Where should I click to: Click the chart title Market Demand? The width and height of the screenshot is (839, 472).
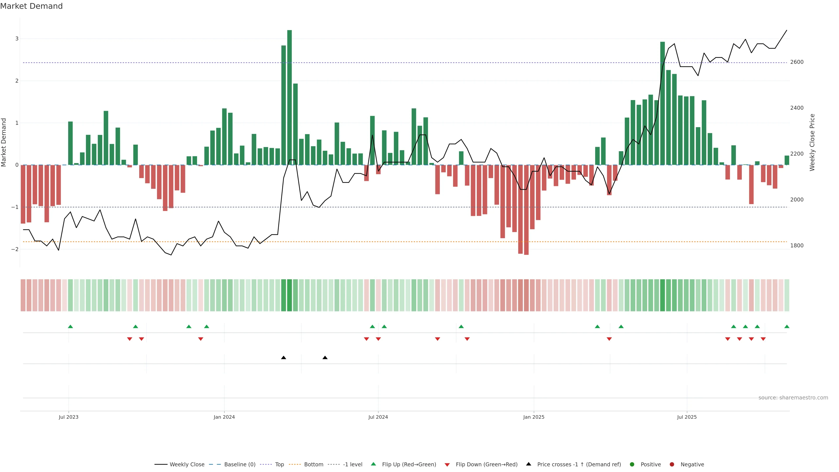point(31,6)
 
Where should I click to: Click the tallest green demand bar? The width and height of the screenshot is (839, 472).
point(289,97)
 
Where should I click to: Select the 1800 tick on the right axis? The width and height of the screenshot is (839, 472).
point(797,246)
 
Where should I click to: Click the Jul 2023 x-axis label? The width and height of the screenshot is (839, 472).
point(68,417)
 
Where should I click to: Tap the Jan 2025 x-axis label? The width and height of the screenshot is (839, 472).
point(534,417)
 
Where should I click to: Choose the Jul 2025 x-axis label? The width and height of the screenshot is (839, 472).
point(686,417)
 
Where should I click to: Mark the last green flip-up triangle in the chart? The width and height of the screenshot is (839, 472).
point(787,326)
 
